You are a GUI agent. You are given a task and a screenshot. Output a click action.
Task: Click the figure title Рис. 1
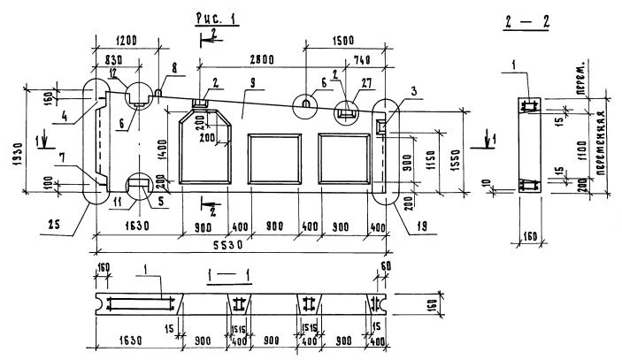point(211,16)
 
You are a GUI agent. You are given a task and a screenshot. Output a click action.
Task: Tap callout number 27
point(366,82)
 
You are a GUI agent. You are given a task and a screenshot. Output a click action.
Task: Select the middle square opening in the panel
point(272,159)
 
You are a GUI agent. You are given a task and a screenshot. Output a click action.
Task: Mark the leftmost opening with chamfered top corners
point(204,150)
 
